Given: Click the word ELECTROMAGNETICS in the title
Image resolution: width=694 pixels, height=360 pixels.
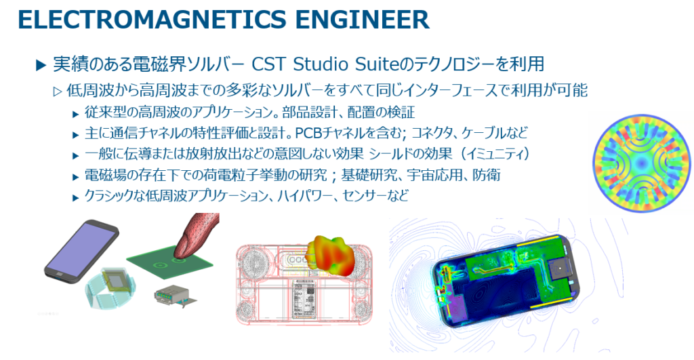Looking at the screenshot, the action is (x=152, y=20).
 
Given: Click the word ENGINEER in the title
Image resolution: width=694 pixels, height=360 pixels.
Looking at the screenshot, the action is (x=362, y=20).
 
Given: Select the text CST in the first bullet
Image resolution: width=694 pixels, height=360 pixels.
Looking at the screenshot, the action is (x=268, y=64).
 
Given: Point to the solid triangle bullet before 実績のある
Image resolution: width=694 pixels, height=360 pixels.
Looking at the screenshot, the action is (x=41, y=66).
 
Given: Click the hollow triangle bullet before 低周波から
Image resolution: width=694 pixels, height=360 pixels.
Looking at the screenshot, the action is (x=58, y=92).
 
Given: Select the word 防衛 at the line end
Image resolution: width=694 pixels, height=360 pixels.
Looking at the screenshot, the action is (x=487, y=175).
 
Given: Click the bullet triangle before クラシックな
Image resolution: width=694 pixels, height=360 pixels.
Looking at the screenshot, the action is (x=76, y=197).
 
